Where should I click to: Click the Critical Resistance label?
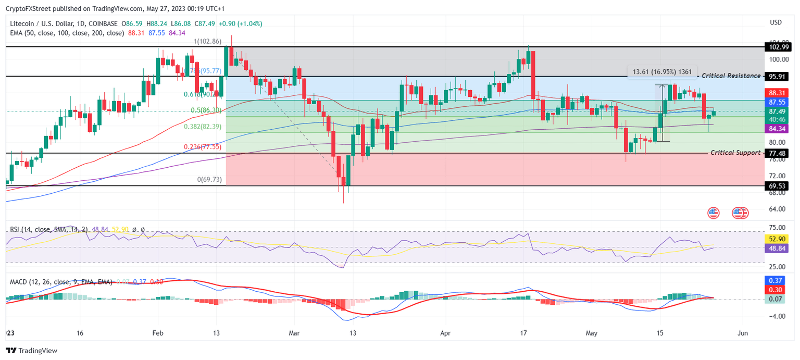[x=731, y=76]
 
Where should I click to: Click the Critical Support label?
[x=735, y=153]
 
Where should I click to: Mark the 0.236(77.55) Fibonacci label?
[x=203, y=147]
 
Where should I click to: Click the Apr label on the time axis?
[x=444, y=333]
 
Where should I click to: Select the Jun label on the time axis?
[x=743, y=333]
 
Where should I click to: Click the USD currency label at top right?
[x=776, y=22]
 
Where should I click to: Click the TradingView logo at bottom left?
[x=31, y=351]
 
